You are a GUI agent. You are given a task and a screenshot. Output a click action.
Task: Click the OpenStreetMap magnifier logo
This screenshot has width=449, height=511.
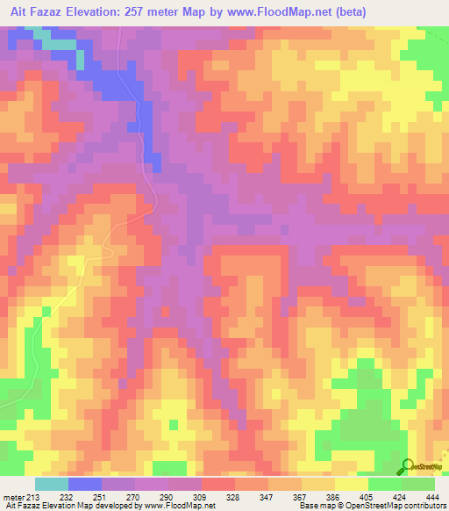point(406,467)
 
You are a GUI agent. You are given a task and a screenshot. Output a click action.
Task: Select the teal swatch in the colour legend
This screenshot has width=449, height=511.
point(52,484)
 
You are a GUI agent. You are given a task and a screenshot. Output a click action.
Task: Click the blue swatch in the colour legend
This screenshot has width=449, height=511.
point(85,484)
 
